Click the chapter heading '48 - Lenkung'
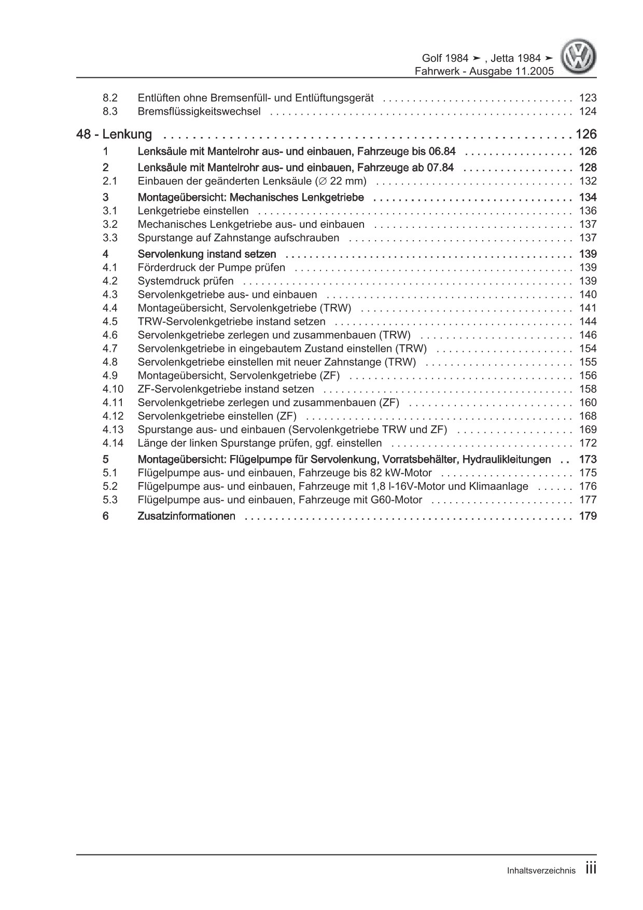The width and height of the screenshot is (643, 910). [114, 134]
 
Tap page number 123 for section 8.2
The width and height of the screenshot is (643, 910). [588, 98]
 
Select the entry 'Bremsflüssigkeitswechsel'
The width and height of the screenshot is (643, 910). [199, 111]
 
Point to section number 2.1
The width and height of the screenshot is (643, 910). [109, 181]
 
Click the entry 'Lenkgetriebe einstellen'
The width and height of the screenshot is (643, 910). [193, 211]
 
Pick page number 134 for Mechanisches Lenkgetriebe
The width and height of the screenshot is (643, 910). [588, 197]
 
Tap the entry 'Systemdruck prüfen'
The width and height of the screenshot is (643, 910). [186, 281]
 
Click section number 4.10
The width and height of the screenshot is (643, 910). [113, 389]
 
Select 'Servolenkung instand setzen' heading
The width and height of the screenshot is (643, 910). [207, 254]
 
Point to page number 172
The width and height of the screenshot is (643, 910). [588, 443]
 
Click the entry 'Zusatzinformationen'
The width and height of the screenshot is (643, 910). [187, 516]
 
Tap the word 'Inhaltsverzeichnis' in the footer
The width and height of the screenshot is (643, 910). [541, 871]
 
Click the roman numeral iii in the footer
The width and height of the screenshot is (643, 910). [591, 868]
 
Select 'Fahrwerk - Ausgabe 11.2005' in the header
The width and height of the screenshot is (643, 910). [484, 71]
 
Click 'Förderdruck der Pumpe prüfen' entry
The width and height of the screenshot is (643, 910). [212, 267]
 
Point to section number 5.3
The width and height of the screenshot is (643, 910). [109, 500]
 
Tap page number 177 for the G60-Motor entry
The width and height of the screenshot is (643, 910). [588, 500]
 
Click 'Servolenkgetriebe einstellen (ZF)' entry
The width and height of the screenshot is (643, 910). [217, 416]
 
